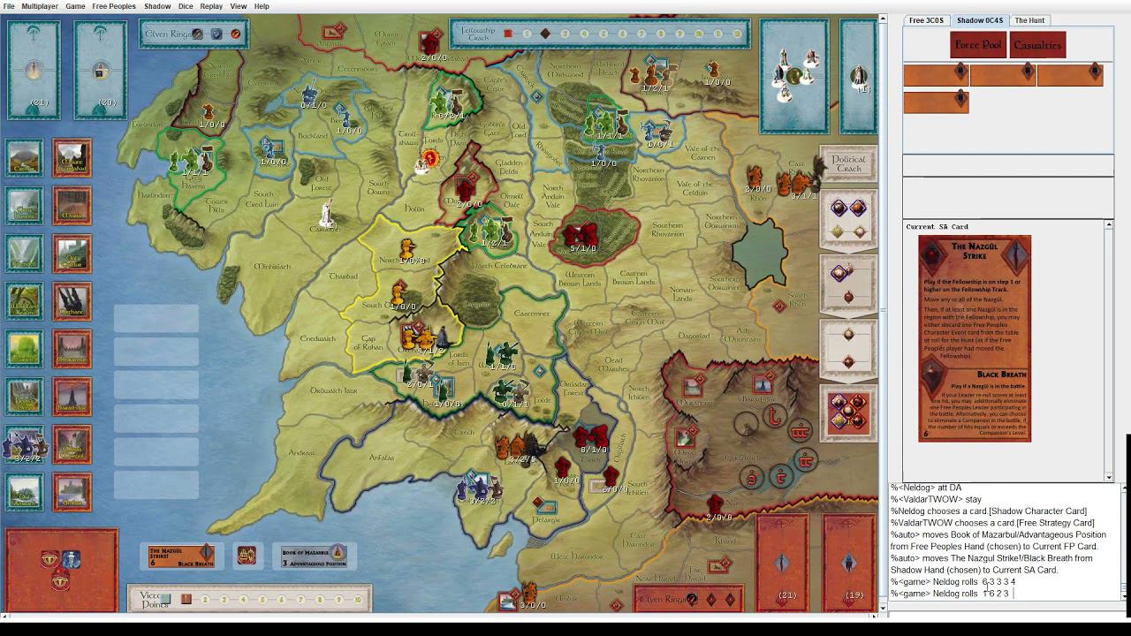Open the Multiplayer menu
(x=39, y=6)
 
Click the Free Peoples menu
(x=114, y=6)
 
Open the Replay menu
(x=211, y=6)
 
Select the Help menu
(x=262, y=6)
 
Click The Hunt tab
(x=1029, y=20)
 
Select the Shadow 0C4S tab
(x=979, y=20)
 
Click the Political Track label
(x=848, y=164)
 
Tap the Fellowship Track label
(x=477, y=34)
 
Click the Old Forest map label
(x=329, y=183)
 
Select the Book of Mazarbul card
(x=314, y=556)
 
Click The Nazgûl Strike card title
(x=975, y=252)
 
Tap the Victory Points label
(x=153, y=599)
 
